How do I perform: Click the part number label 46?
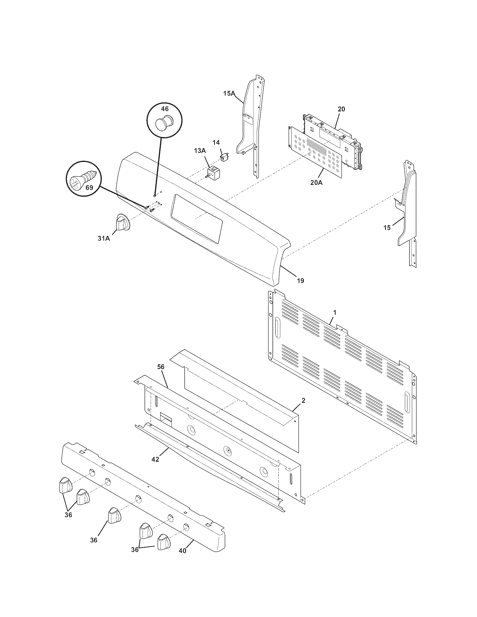(164, 109)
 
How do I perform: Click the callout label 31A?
(104, 238)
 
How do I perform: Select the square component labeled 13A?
(214, 172)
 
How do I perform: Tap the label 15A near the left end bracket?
(229, 93)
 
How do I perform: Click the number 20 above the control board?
(341, 109)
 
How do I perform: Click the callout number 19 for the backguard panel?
(301, 280)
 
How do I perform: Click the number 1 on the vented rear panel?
(335, 312)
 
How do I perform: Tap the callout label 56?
(161, 367)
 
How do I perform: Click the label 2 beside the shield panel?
(303, 400)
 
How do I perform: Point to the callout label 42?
(155, 459)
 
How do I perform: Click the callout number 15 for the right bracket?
(387, 227)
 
